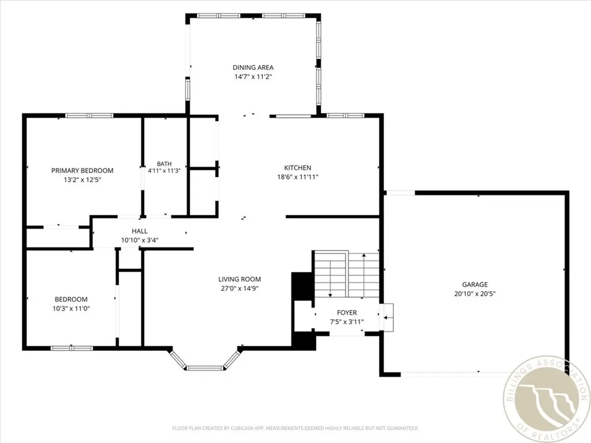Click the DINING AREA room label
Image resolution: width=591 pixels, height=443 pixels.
(x=253, y=67)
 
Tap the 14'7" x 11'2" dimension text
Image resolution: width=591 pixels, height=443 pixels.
(x=253, y=77)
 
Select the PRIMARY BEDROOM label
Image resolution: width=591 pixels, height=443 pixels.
(x=82, y=171)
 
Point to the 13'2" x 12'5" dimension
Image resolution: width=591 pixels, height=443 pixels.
(x=82, y=180)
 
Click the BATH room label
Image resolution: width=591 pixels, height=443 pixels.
(x=164, y=164)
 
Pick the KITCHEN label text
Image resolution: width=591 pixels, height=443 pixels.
(x=297, y=168)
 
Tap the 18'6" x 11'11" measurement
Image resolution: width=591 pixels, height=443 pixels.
(x=297, y=177)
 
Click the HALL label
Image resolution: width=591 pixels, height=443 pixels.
(x=140, y=231)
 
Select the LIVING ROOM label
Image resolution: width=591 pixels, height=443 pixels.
(x=240, y=279)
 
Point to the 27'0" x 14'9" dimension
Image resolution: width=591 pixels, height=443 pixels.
(x=240, y=288)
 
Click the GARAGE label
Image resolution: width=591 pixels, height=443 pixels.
(x=474, y=284)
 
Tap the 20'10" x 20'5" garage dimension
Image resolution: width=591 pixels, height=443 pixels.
(x=474, y=294)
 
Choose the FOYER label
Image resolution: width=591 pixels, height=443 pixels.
(x=347, y=313)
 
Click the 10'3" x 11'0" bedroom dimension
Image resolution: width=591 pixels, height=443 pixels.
(x=71, y=309)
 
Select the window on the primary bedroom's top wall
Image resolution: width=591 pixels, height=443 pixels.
(x=89, y=115)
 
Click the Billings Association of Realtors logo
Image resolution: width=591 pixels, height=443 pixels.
(x=547, y=400)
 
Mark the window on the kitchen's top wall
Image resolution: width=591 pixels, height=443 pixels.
(x=345, y=115)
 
